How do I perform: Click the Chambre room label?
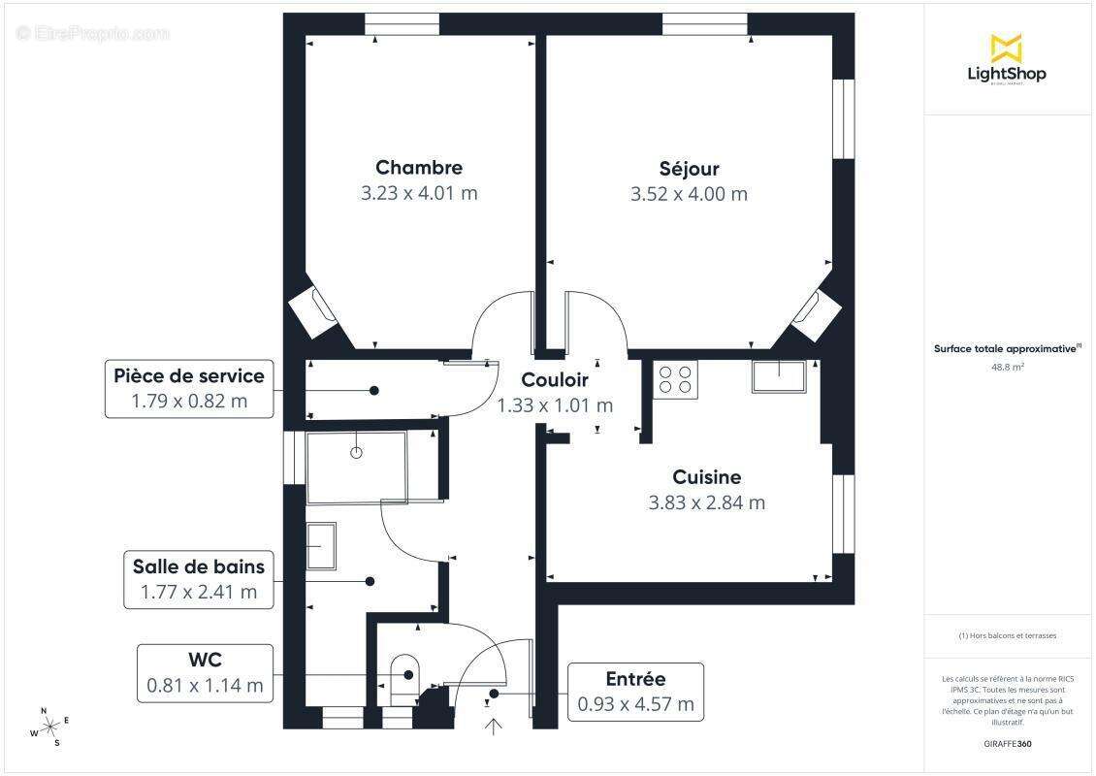pos(419,168)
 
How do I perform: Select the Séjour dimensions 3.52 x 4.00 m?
pos(689,194)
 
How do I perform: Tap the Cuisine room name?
pos(706,477)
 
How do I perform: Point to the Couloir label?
pos(555,380)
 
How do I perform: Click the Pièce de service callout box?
pos(188,388)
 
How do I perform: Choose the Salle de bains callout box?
pos(198,579)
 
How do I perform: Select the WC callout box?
pos(205,672)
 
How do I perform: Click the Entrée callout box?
pos(635,692)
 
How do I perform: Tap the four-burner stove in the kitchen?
pos(676,378)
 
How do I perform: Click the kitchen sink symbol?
pos(778,376)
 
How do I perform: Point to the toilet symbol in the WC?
pos(403,672)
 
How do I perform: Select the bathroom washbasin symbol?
pos(321,546)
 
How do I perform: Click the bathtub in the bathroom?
pos(356,468)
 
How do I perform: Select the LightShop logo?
pos(1007,60)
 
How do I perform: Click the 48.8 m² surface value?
pos(1007,368)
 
